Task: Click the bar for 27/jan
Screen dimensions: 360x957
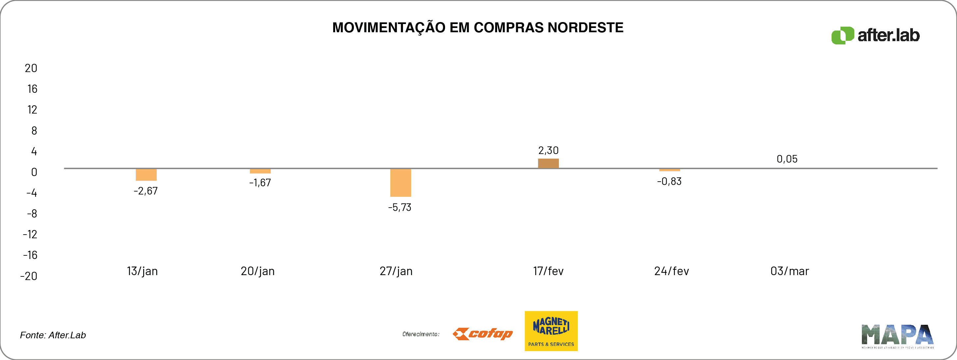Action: coord(401,183)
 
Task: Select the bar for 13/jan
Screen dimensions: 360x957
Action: coord(146,175)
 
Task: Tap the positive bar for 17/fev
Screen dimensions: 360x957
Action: coord(548,164)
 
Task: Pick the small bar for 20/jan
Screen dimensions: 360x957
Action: coord(260,171)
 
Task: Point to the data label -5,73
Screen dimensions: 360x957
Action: coord(399,207)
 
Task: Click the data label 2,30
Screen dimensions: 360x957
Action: coord(548,150)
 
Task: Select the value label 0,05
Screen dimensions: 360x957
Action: coord(787,159)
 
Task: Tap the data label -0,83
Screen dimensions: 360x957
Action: coord(669,181)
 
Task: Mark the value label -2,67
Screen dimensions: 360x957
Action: coord(146,191)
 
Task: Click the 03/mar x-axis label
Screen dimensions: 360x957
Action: coord(789,271)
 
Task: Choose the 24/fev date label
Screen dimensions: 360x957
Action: coord(671,271)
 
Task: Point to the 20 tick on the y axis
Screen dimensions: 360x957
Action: coord(31,68)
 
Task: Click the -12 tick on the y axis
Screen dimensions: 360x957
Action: coord(30,234)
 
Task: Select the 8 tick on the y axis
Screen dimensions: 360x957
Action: coord(34,131)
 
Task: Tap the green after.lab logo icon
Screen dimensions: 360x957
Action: coord(842,36)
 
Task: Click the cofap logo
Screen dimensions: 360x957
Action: coord(483,334)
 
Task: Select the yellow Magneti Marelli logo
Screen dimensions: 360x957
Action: coord(551,331)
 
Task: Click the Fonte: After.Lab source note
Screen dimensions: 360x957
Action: coord(53,335)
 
